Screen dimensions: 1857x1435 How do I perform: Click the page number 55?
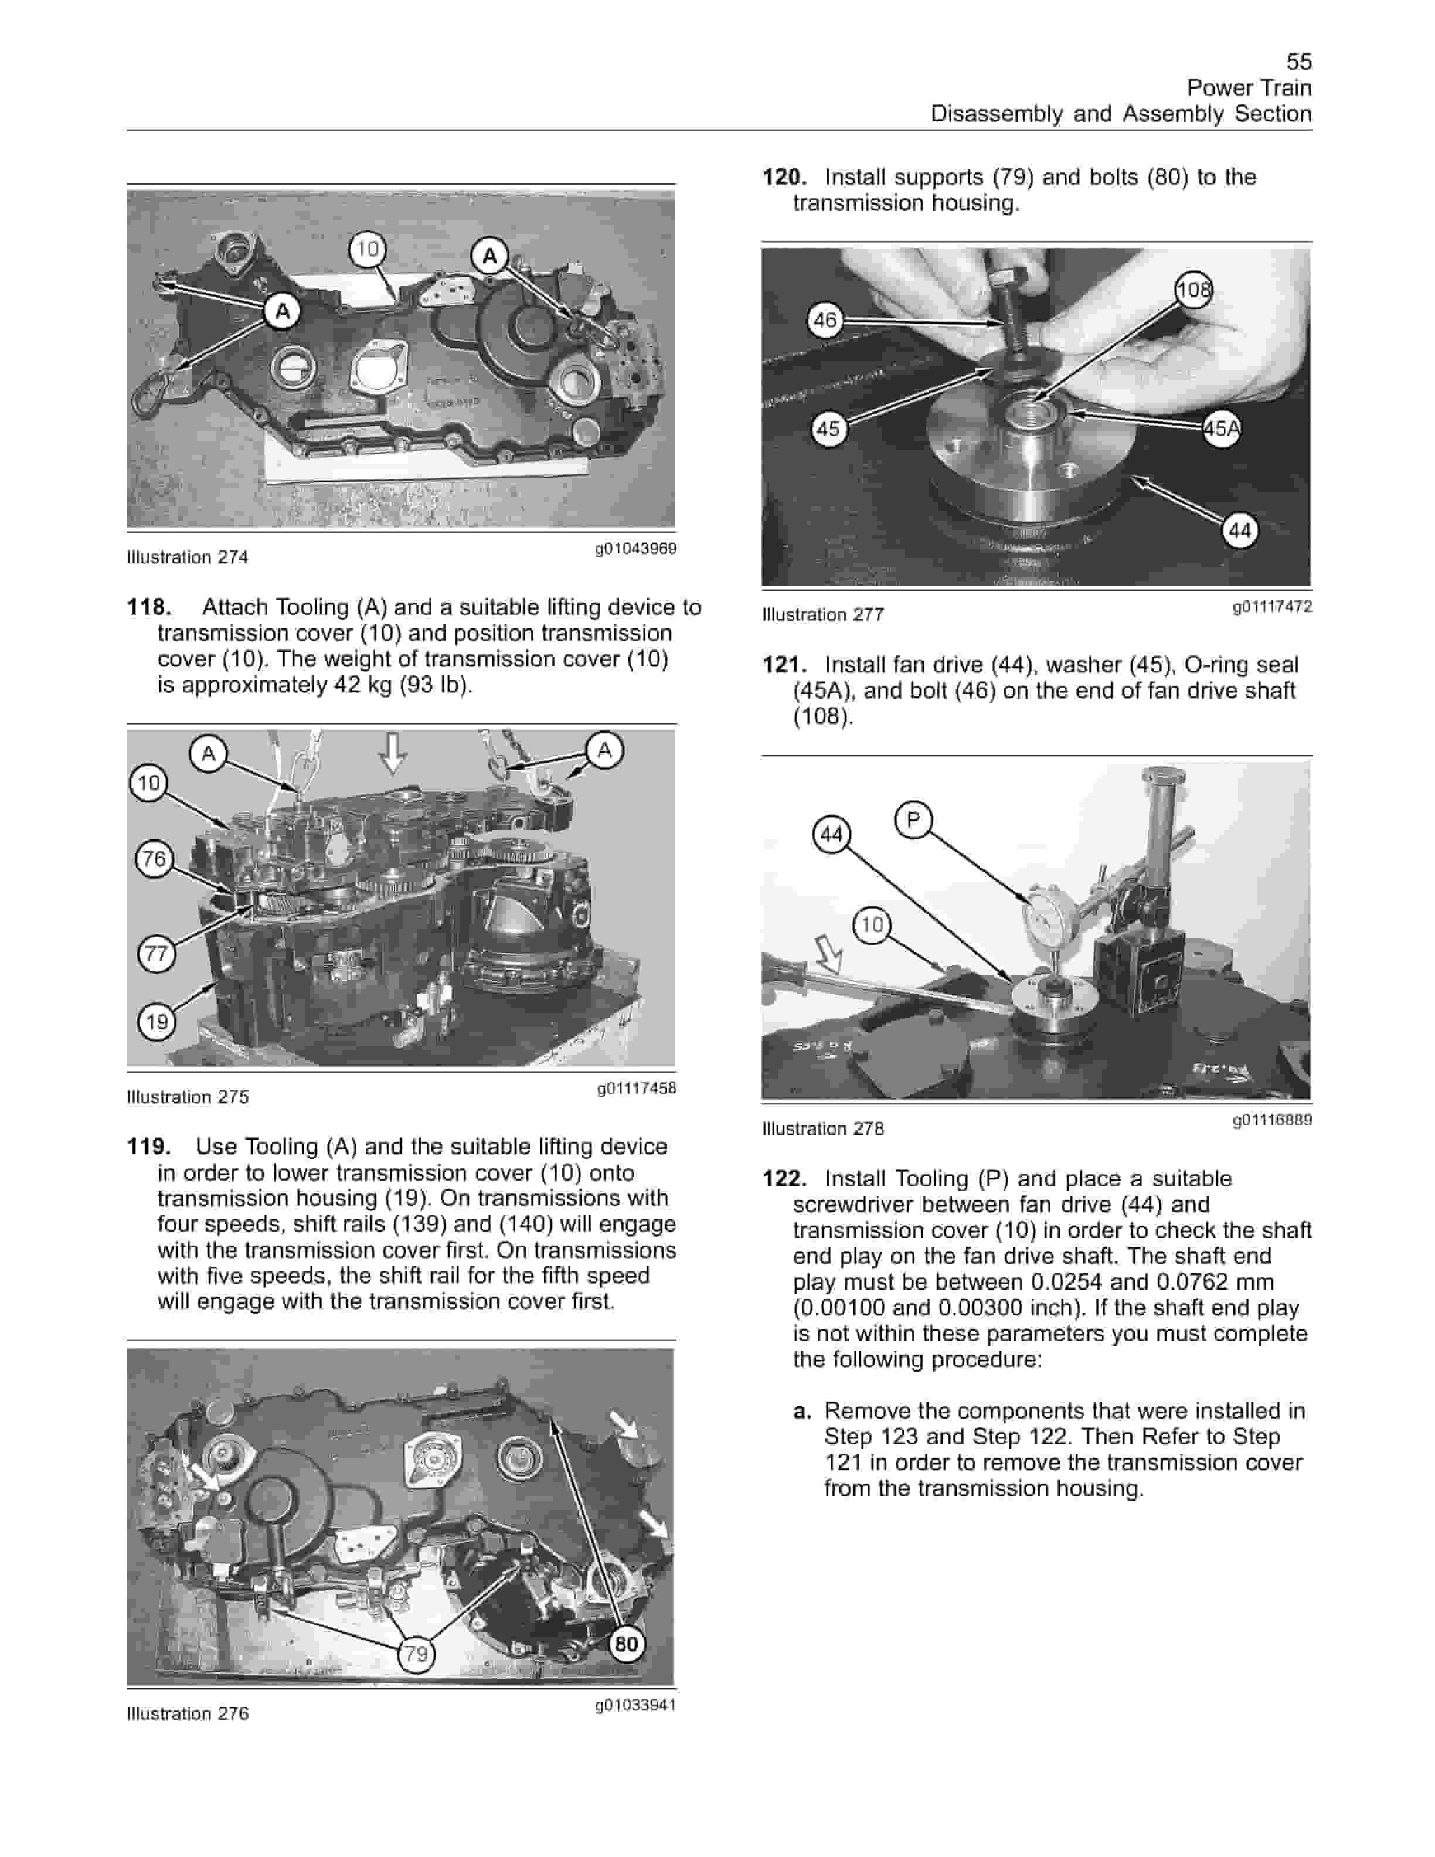[1298, 61]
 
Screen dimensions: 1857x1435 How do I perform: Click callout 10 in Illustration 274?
[368, 249]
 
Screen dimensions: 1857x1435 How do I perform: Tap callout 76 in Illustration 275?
[154, 859]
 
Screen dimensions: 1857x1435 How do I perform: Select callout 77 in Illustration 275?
[157, 953]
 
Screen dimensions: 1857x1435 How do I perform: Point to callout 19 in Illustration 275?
[157, 1021]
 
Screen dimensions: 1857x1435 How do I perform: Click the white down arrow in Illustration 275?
[392, 751]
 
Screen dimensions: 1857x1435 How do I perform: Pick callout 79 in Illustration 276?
[416, 1654]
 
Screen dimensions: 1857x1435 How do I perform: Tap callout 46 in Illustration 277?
[825, 321]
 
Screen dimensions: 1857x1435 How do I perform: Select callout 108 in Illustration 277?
[1193, 291]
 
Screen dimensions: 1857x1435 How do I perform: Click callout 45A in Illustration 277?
[1221, 428]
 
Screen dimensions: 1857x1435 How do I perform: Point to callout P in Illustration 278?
[913, 819]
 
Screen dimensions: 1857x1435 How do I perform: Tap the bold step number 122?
[784, 1178]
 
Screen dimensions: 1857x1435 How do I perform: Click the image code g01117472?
[1272, 606]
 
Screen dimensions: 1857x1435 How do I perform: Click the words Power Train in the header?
[1248, 87]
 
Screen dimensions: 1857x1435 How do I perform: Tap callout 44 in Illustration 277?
[1239, 530]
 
